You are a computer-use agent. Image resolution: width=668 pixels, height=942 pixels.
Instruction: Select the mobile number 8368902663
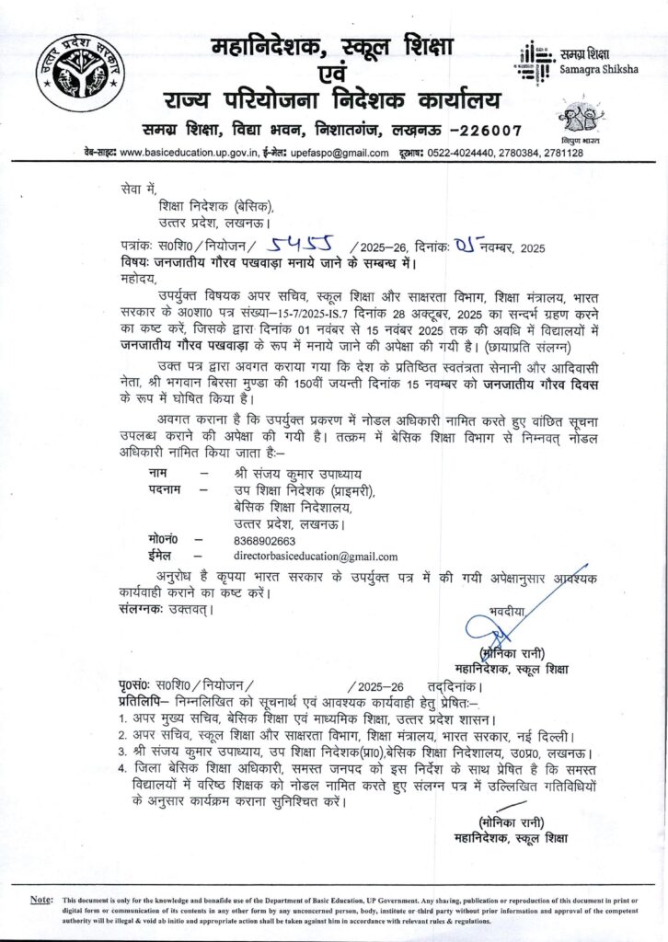pos(266,541)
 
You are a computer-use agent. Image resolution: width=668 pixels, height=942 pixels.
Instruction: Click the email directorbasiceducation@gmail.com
pos(316,557)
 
